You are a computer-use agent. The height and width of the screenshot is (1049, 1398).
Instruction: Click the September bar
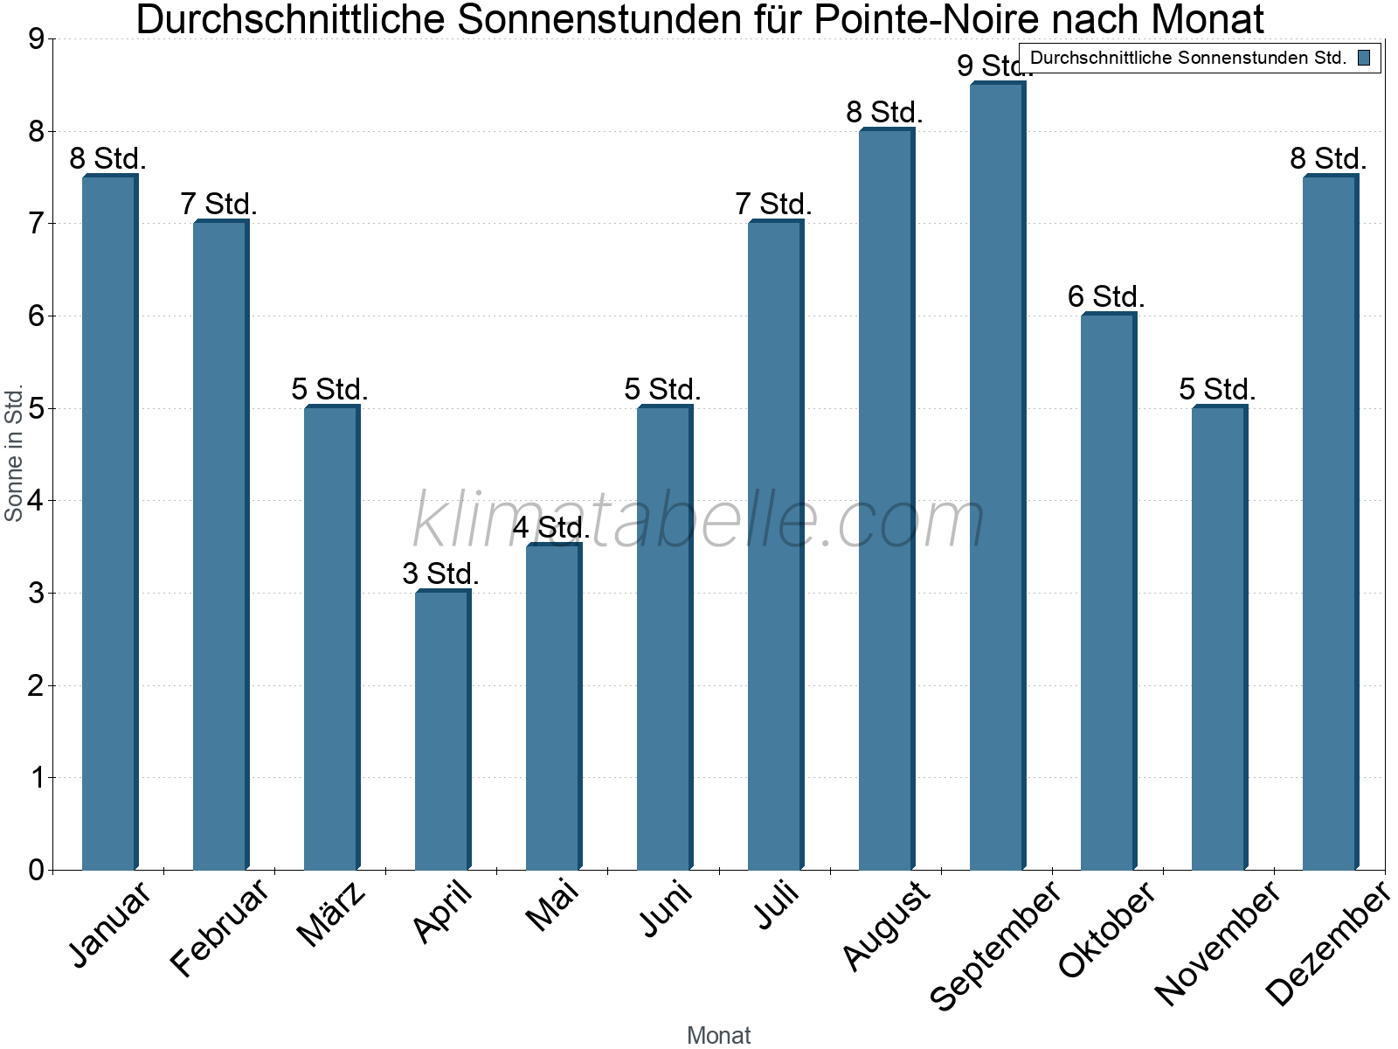tap(997, 476)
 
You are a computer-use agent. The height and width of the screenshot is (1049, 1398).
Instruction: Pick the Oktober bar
tap(1108, 592)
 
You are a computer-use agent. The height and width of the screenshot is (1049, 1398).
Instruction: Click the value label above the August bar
tap(884, 113)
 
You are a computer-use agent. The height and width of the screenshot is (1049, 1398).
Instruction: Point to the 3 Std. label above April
tap(440, 574)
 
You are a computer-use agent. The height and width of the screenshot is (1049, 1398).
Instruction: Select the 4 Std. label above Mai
tap(551, 528)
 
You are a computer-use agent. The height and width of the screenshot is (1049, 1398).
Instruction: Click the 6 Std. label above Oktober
tap(1106, 297)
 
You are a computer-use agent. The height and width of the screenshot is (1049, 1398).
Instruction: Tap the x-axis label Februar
tap(219, 928)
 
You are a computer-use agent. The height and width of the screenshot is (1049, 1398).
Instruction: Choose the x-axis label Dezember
tap(1327, 943)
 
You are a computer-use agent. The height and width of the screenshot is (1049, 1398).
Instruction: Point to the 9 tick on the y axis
tap(36, 39)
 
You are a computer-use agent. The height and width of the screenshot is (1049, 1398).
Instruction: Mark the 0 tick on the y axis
tap(36, 870)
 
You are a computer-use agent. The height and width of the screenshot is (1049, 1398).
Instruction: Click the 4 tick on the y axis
tap(36, 501)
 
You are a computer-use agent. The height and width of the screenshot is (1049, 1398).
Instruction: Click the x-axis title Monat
tap(718, 1035)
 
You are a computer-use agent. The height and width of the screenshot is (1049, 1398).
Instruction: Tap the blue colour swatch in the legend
tap(1364, 59)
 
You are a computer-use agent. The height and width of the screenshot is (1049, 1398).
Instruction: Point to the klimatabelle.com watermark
tap(699, 520)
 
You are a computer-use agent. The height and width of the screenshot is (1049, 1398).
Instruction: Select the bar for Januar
tap(109, 523)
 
